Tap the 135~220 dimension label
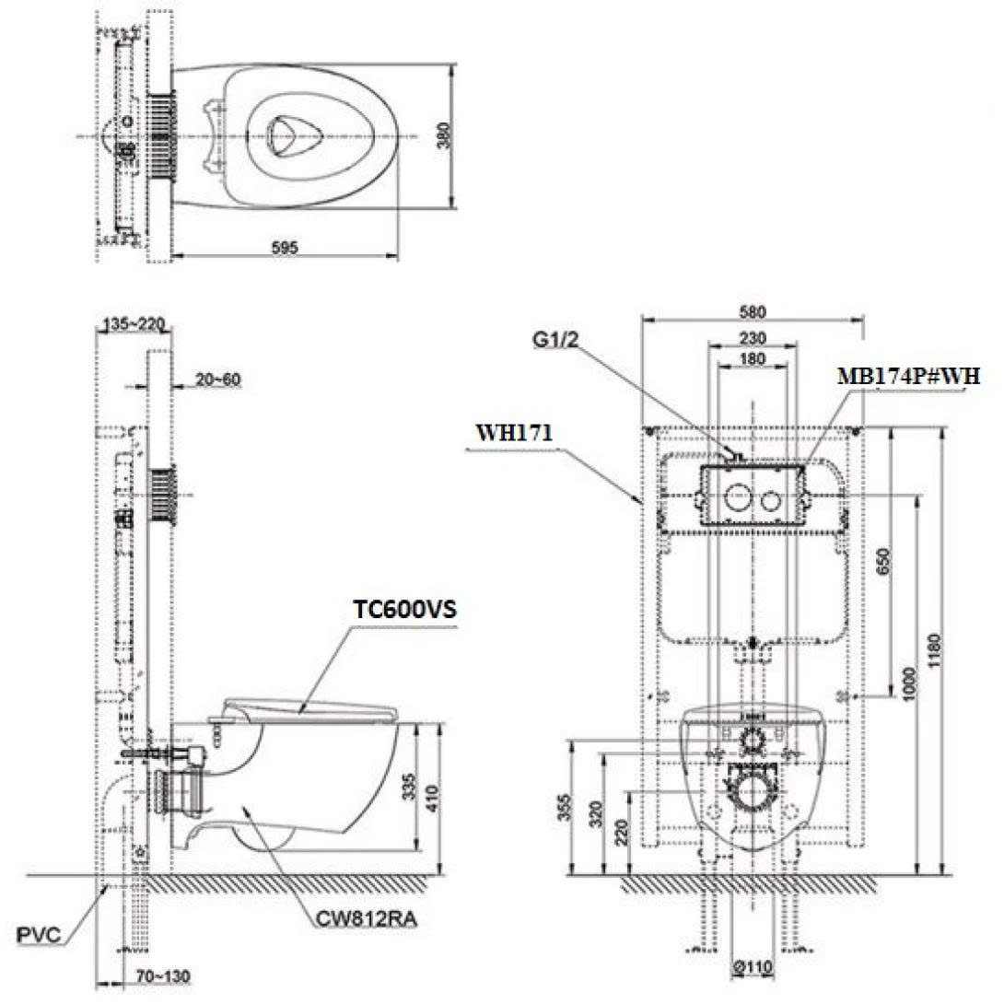134,323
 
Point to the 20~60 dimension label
217,379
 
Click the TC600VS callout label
404,610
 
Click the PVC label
39,936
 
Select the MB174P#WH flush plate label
907,376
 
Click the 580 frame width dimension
753,311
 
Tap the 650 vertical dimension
884,560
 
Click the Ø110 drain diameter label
754,968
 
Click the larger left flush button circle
737,498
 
